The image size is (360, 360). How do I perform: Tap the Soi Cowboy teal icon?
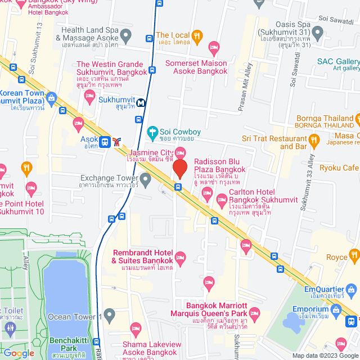tap(151, 133)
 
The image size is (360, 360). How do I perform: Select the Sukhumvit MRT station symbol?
tap(140, 102)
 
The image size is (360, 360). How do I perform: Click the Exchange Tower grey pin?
tap(146, 181)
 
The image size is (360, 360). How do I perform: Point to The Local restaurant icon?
tap(197, 37)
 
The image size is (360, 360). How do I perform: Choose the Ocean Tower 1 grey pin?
tap(110, 313)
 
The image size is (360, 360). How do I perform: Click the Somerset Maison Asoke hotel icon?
tap(213, 47)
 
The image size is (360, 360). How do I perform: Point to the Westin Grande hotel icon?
tap(89, 96)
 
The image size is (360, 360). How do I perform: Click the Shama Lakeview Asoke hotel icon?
tap(135, 328)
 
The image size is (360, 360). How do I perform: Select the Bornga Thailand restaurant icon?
tap(355, 119)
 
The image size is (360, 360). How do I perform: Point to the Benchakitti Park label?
tap(65, 345)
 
